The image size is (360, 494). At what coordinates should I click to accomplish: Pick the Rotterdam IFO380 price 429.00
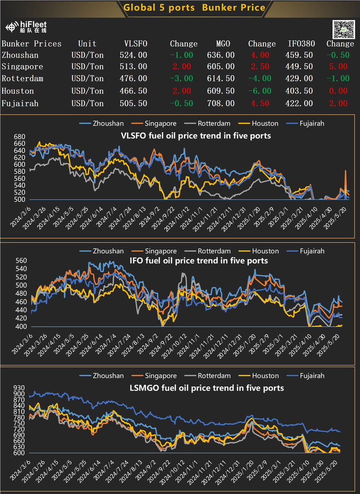click(x=300, y=79)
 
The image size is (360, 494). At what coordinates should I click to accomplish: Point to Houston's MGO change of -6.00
click(x=259, y=91)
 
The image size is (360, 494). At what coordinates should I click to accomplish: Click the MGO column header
click(x=223, y=44)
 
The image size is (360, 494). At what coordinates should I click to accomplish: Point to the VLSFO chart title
click(x=196, y=136)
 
